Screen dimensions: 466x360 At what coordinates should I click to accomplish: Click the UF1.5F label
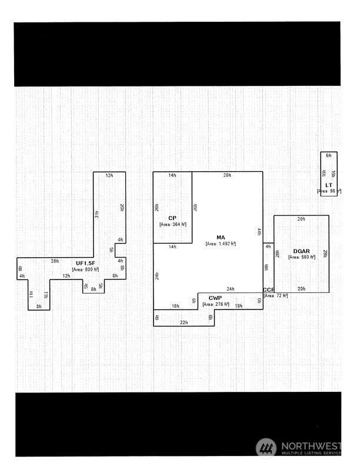coord(85,262)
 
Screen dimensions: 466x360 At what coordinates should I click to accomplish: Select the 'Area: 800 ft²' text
coord(85,269)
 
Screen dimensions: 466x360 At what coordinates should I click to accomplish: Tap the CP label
coord(172,218)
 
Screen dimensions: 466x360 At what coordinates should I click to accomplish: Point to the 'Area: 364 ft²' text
coord(172,224)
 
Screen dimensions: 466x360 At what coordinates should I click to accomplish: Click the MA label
coord(221,238)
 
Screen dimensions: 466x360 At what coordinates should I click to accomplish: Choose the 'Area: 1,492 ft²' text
coord(221,244)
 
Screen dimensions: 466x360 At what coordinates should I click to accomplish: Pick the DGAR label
coord(301,251)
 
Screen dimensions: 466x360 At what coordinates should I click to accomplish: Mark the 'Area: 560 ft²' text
coord(301,258)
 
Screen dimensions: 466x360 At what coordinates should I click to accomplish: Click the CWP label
coord(215,298)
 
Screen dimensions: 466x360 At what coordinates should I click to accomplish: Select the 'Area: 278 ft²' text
coord(215,304)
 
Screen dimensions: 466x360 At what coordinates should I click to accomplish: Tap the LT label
coord(329,185)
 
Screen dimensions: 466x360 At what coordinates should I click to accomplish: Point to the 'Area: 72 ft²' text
coord(275,295)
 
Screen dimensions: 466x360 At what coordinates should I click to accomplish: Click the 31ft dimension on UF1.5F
coord(97,215)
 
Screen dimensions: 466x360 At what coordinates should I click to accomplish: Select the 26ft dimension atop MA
coord(227,175)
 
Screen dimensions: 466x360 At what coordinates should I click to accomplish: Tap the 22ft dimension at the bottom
coord(184,322)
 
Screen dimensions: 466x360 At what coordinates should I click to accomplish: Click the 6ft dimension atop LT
coord(329,155)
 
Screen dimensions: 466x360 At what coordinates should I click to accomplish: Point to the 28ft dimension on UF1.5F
coord(55,261)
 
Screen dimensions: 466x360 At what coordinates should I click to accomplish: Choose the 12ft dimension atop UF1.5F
coord(109,175)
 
